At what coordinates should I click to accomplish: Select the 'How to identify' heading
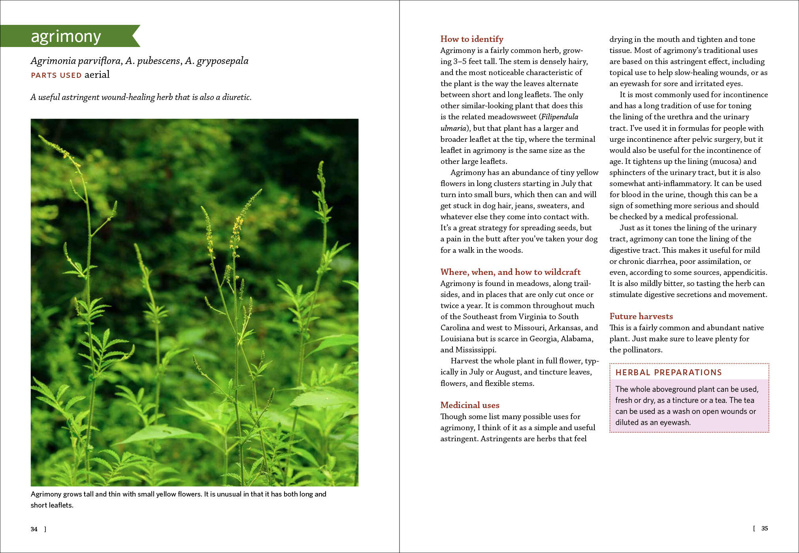pyautogui.click(x=472, y=39)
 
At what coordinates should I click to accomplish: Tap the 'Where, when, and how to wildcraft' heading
pyautogui.click(x=510, y=272)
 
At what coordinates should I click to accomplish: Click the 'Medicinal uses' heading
pyautogui.click(x=470, y=405)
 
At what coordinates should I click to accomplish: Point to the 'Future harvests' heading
pyautogui.click(x=641, y=316)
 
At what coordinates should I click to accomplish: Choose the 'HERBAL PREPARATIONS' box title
pyautogui.click(x=669, y=372)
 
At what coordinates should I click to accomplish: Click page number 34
pyautogui.click(x=34, y=529)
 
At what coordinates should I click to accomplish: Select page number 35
pyautogui.click(x=765, y=529)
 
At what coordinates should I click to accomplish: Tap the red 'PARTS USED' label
pyautogui.click(x=56, y=75)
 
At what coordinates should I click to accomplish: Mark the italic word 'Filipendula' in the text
pyautogui.click(x=560, y=117)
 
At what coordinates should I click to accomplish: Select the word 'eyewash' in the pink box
pyautogui.click(x=675, y=423)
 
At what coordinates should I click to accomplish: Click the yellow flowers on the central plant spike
pyautogui.click(x=237, y=225)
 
